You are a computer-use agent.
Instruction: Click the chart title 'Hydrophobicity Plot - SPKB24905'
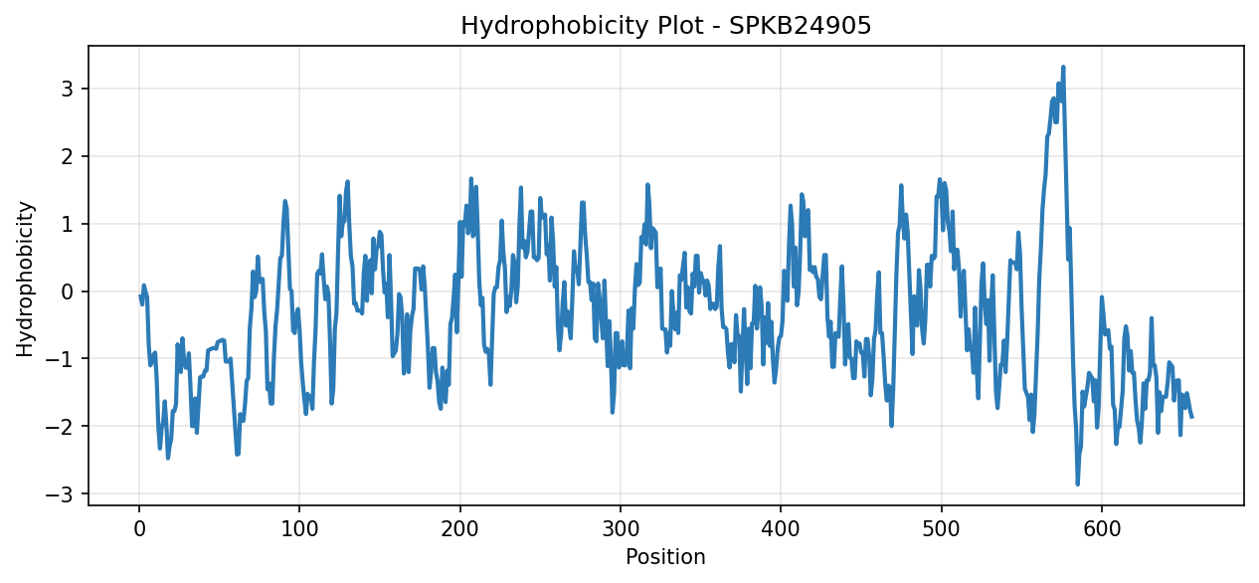(x=666, y=26)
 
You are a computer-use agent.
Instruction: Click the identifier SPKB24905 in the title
(x=801, y=25)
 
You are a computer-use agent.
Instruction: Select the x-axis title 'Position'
(x=665, y=557)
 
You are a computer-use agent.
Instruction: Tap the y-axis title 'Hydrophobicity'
(x=25, y=280)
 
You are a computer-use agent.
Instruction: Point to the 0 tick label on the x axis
(x=139, y=529)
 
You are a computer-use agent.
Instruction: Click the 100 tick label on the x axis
(x=299, y=529)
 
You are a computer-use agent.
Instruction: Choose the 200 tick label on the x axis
(x=460, y=529)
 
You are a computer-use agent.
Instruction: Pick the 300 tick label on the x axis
(x=621, y=529)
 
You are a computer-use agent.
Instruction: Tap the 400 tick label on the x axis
(x=781, y=529)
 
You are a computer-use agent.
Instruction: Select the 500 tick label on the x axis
(x=942, y=529)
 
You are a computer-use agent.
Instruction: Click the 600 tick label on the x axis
(x=1102, y=529)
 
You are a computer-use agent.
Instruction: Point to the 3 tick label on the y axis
(x=68, y=89)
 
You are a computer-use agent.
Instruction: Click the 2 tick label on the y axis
(x=68, y=156)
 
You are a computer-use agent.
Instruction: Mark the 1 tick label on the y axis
(x=68, y=224)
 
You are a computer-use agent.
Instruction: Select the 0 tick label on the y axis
(x=68, y=291)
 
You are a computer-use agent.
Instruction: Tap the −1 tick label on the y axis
(x=60, y=359)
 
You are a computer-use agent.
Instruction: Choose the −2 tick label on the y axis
(x=60, y=426)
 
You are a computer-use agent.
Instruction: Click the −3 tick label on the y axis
(x=60, y=493)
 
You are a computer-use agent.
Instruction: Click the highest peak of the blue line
(x=1063, y=67)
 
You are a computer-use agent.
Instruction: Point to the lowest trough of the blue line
(x=1077, y=485)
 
